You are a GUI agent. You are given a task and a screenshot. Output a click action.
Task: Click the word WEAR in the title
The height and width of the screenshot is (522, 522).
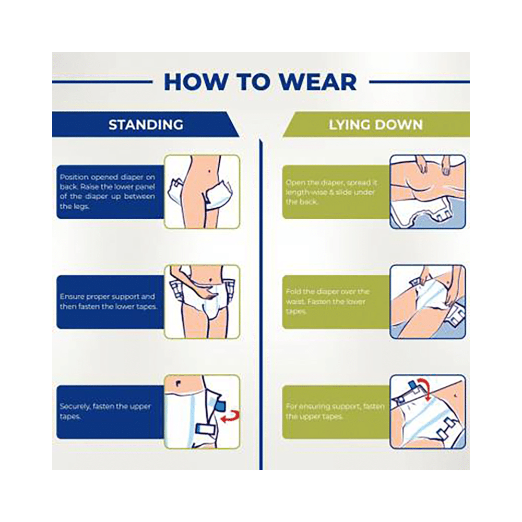(317, 82)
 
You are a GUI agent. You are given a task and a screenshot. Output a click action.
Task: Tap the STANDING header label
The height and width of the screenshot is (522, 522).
(146, 125)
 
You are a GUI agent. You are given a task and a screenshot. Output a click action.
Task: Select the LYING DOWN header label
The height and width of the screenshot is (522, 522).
(375, 125)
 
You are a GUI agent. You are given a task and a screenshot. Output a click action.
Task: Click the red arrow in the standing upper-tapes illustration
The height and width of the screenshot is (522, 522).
(230, 417)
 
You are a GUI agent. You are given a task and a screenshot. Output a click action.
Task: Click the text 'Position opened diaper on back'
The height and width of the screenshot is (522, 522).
(107, 182)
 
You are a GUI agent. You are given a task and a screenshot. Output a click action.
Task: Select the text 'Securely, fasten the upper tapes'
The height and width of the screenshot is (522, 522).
(105, 411)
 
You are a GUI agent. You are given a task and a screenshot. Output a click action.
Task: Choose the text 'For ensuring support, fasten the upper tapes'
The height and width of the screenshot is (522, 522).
(335, 411)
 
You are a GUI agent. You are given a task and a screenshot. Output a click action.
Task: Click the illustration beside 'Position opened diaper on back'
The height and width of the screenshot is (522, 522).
(202, 192)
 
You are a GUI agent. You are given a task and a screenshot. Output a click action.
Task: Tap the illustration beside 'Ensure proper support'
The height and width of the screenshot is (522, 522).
(202, 302)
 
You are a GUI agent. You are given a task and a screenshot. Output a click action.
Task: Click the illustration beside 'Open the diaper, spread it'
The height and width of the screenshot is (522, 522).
(428, 192)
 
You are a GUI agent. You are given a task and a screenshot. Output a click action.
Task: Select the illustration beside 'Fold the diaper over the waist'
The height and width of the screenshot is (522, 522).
(428, 302)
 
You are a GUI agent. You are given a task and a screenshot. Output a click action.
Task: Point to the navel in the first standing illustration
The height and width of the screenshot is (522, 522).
(209, 172)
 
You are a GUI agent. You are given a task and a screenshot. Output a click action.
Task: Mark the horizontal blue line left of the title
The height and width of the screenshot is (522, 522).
(102, 81)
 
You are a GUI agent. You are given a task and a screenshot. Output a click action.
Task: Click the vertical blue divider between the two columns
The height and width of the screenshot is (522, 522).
(260, 305)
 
